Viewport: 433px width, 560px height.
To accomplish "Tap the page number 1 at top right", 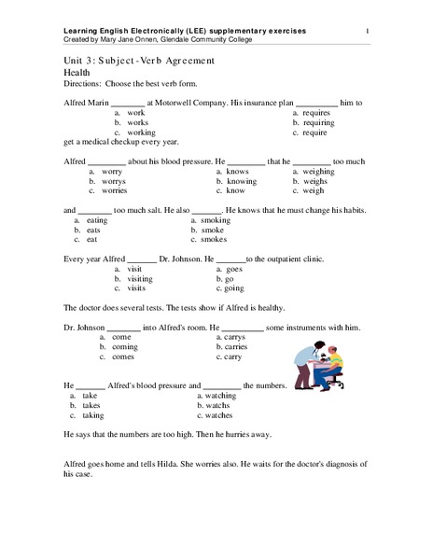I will click(x=368, y=34).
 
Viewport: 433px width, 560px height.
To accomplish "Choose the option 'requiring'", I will click(x=320, y=122).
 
